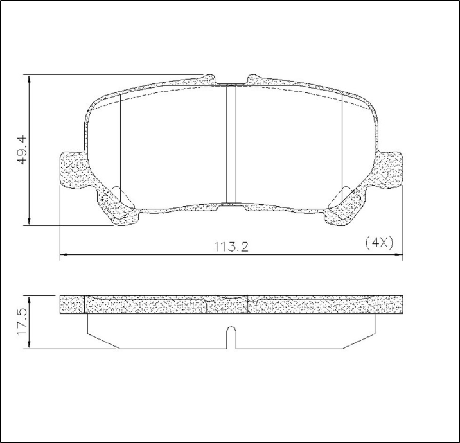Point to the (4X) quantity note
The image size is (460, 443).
coord(378,242)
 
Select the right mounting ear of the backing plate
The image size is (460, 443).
coord(390,170)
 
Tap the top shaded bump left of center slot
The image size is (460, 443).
coord(209,80)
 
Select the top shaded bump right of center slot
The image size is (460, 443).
coord(255,79)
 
